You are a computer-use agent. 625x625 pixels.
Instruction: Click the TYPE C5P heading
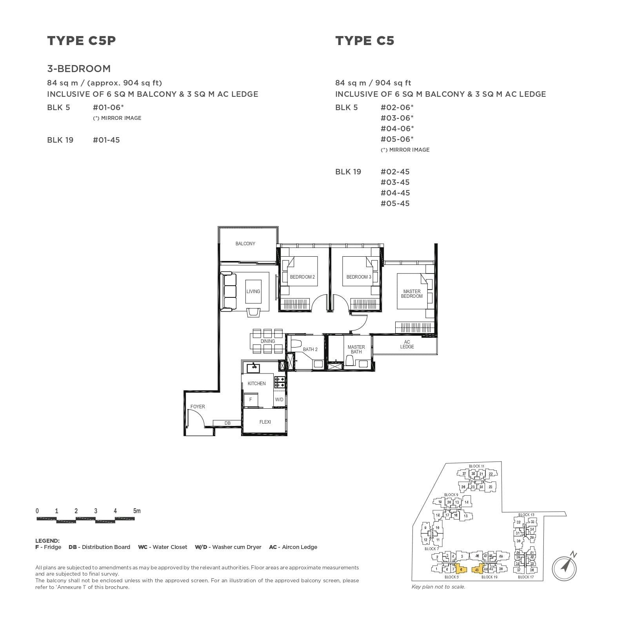pos(82,41)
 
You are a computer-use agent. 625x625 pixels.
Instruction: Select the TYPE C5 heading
pos(364,41)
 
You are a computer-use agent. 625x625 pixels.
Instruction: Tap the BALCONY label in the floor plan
pos(245,244)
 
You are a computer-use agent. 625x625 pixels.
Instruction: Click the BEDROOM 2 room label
pos(302,277)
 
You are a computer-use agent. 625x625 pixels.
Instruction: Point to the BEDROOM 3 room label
pos(358,277)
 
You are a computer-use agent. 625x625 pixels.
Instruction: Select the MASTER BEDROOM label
pos(412,294)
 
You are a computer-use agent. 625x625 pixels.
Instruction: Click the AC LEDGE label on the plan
pos(407,344)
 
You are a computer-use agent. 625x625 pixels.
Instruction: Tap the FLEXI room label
pos(265,422)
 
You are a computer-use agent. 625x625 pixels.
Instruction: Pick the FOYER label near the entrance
pos(198,407)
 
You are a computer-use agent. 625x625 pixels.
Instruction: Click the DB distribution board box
pos(227,423)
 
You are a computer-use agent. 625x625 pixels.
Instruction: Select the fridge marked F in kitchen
pos(251,400)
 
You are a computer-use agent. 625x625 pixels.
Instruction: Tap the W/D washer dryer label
pos(279,400)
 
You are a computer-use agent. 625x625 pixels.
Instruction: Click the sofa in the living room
pos(229,292)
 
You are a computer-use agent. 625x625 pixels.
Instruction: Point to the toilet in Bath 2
pos(295,345)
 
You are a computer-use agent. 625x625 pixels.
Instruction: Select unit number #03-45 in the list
pos(395,182)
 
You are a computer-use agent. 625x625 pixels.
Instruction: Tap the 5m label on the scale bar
pos(136,511)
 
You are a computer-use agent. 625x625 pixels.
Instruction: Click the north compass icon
pos(565,567)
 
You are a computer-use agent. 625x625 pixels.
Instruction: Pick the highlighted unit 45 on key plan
pos(477,570)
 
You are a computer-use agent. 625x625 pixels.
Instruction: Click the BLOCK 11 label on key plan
pos(476,466)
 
